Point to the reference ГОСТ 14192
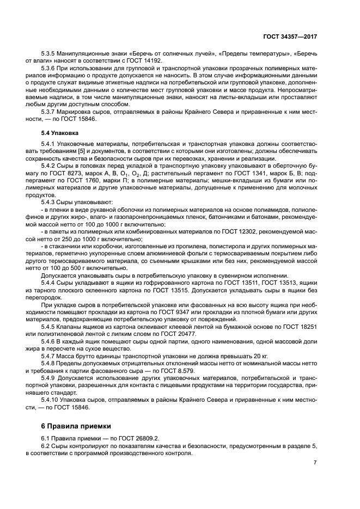(125, 62)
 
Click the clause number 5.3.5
(50, 55)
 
